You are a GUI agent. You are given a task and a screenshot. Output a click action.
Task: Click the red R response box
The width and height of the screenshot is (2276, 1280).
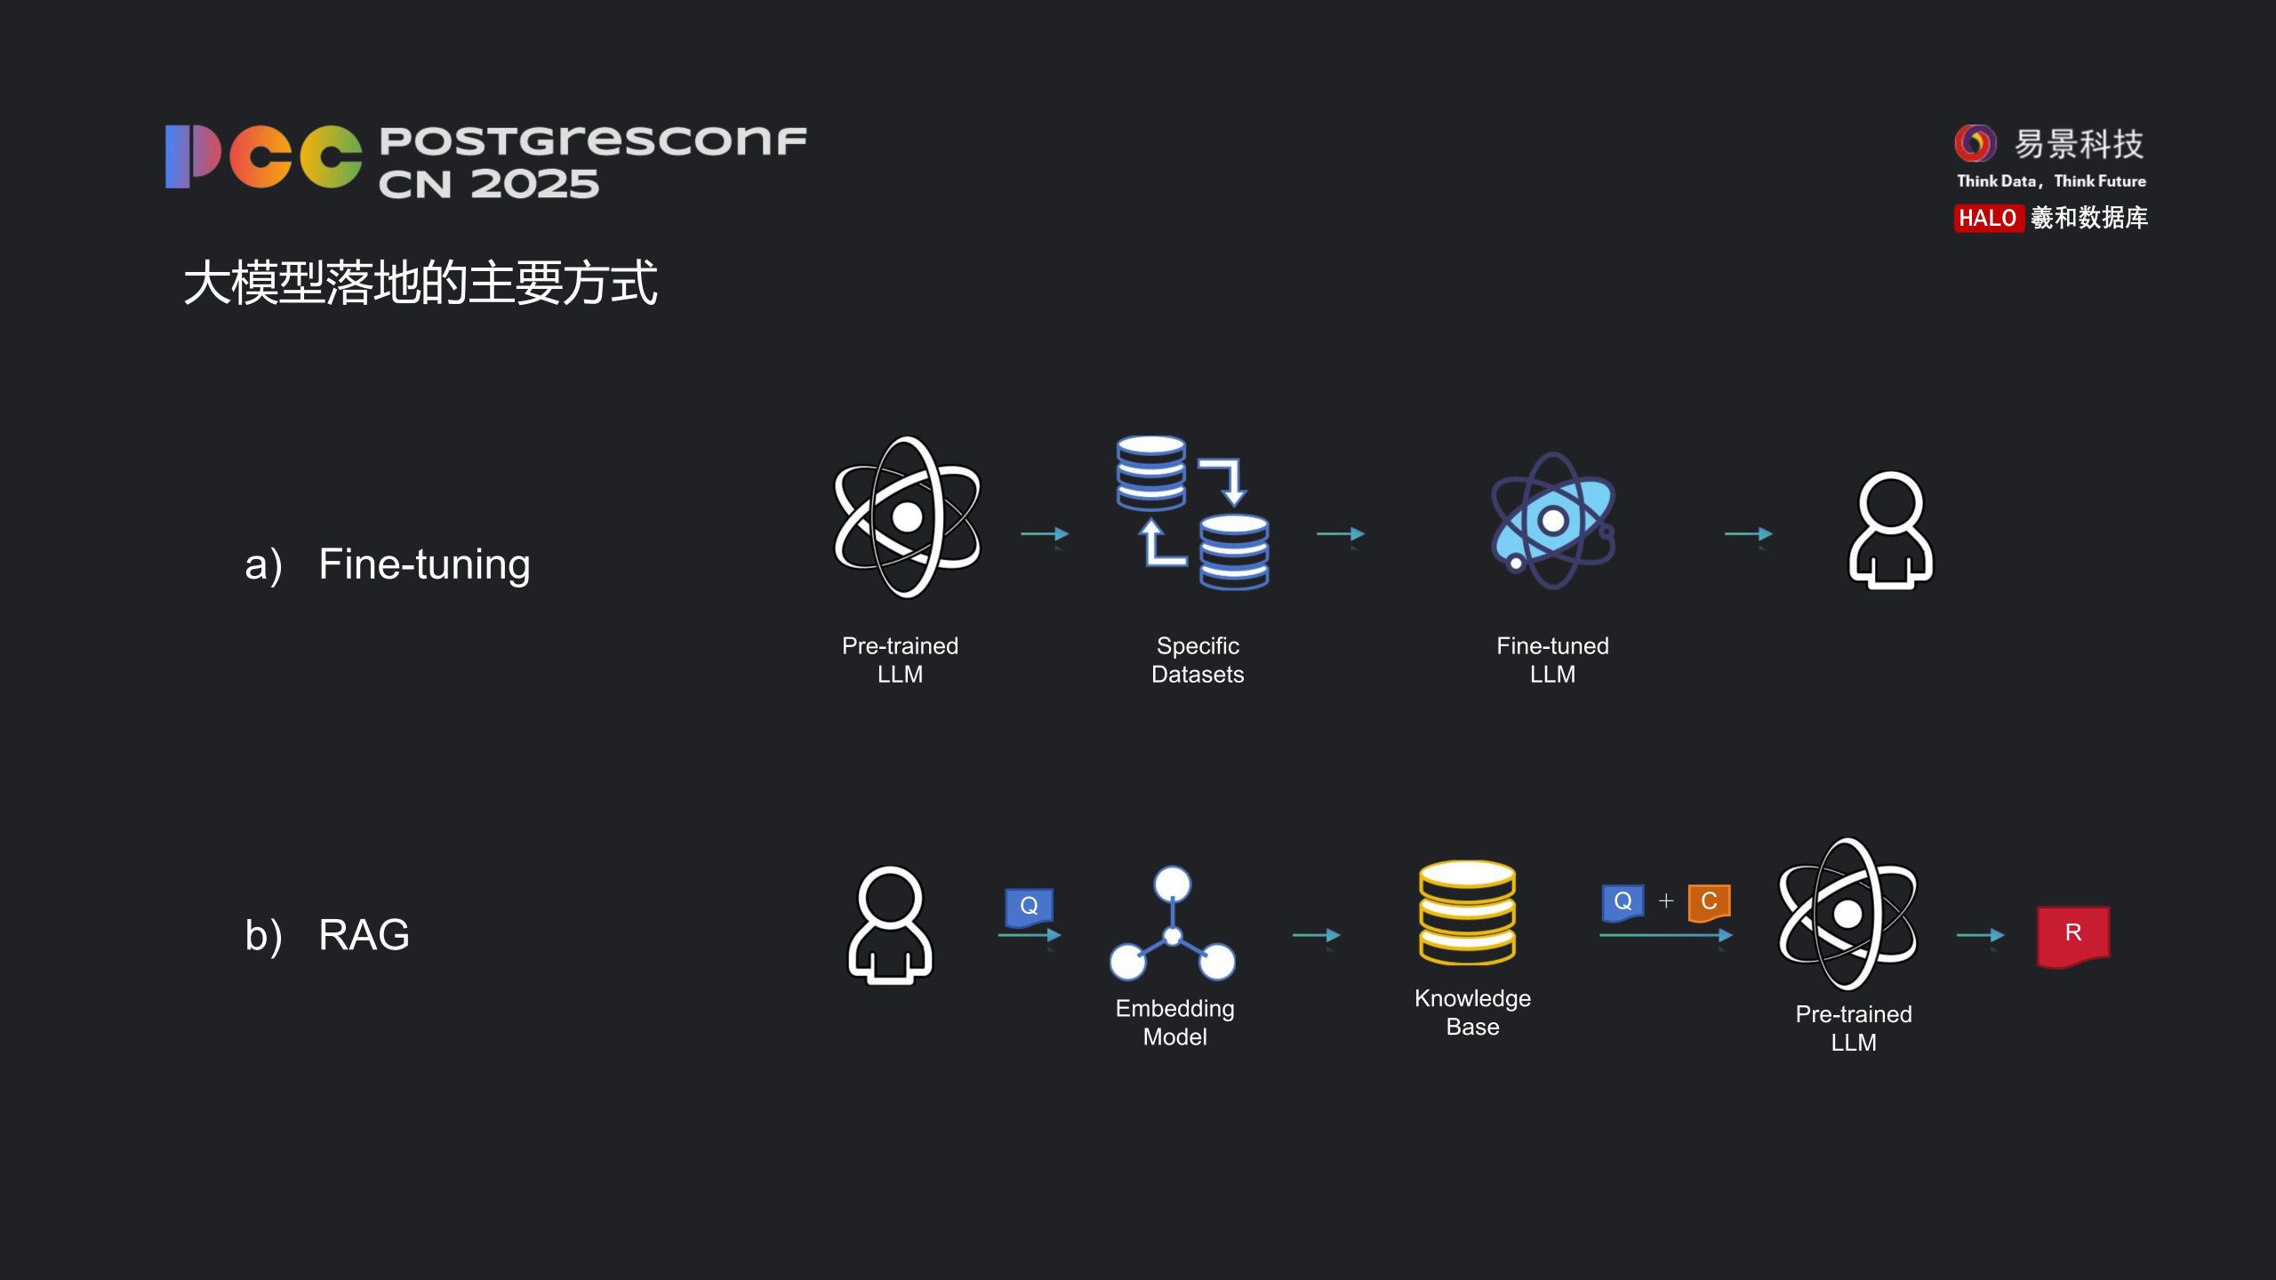(2072, 934)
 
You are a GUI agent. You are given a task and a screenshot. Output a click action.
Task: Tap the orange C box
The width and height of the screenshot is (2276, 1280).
(1709, 901)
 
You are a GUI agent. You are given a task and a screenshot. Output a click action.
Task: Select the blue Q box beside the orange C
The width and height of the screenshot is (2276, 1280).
(1623, 901)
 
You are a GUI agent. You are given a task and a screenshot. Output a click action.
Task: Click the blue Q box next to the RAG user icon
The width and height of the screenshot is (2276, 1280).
(1029, 906)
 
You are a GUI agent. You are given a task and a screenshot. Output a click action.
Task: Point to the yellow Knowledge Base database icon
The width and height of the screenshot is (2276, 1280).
(1468, 913)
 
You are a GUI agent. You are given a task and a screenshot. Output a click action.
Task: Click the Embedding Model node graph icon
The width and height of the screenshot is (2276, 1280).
(1173, 924)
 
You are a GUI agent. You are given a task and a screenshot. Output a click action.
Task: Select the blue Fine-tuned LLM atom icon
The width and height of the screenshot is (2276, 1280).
(1553, 521)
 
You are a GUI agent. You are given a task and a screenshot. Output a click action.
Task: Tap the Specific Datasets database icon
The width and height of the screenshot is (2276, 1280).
(1193, 513)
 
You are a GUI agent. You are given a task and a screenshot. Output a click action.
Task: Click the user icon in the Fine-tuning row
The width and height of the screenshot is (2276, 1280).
(1891, 530)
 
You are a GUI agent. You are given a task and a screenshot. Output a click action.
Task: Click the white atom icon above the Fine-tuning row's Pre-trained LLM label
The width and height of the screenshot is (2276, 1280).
(907, 517)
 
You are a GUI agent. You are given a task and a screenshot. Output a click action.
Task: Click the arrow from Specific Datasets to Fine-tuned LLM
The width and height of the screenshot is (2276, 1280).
(1341, 533)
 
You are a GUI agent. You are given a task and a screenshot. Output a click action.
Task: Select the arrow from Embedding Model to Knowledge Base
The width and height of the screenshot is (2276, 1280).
(1316, 935)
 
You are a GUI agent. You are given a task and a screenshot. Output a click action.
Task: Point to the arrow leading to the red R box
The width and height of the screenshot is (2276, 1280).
(1980, 935)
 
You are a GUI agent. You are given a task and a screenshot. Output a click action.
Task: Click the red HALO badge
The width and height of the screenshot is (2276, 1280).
(1988, 218)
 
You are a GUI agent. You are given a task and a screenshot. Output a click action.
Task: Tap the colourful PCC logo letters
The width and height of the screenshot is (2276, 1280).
(263, 156)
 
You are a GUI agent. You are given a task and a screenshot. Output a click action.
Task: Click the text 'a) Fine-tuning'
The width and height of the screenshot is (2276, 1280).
(388, 564)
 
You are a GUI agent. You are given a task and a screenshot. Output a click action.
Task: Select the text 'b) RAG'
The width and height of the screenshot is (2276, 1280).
(327, 935)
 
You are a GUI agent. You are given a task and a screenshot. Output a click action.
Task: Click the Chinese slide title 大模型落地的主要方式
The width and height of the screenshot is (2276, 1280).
(420, 283)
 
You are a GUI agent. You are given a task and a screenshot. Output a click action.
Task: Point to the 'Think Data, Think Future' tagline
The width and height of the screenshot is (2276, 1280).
(2051, 181)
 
